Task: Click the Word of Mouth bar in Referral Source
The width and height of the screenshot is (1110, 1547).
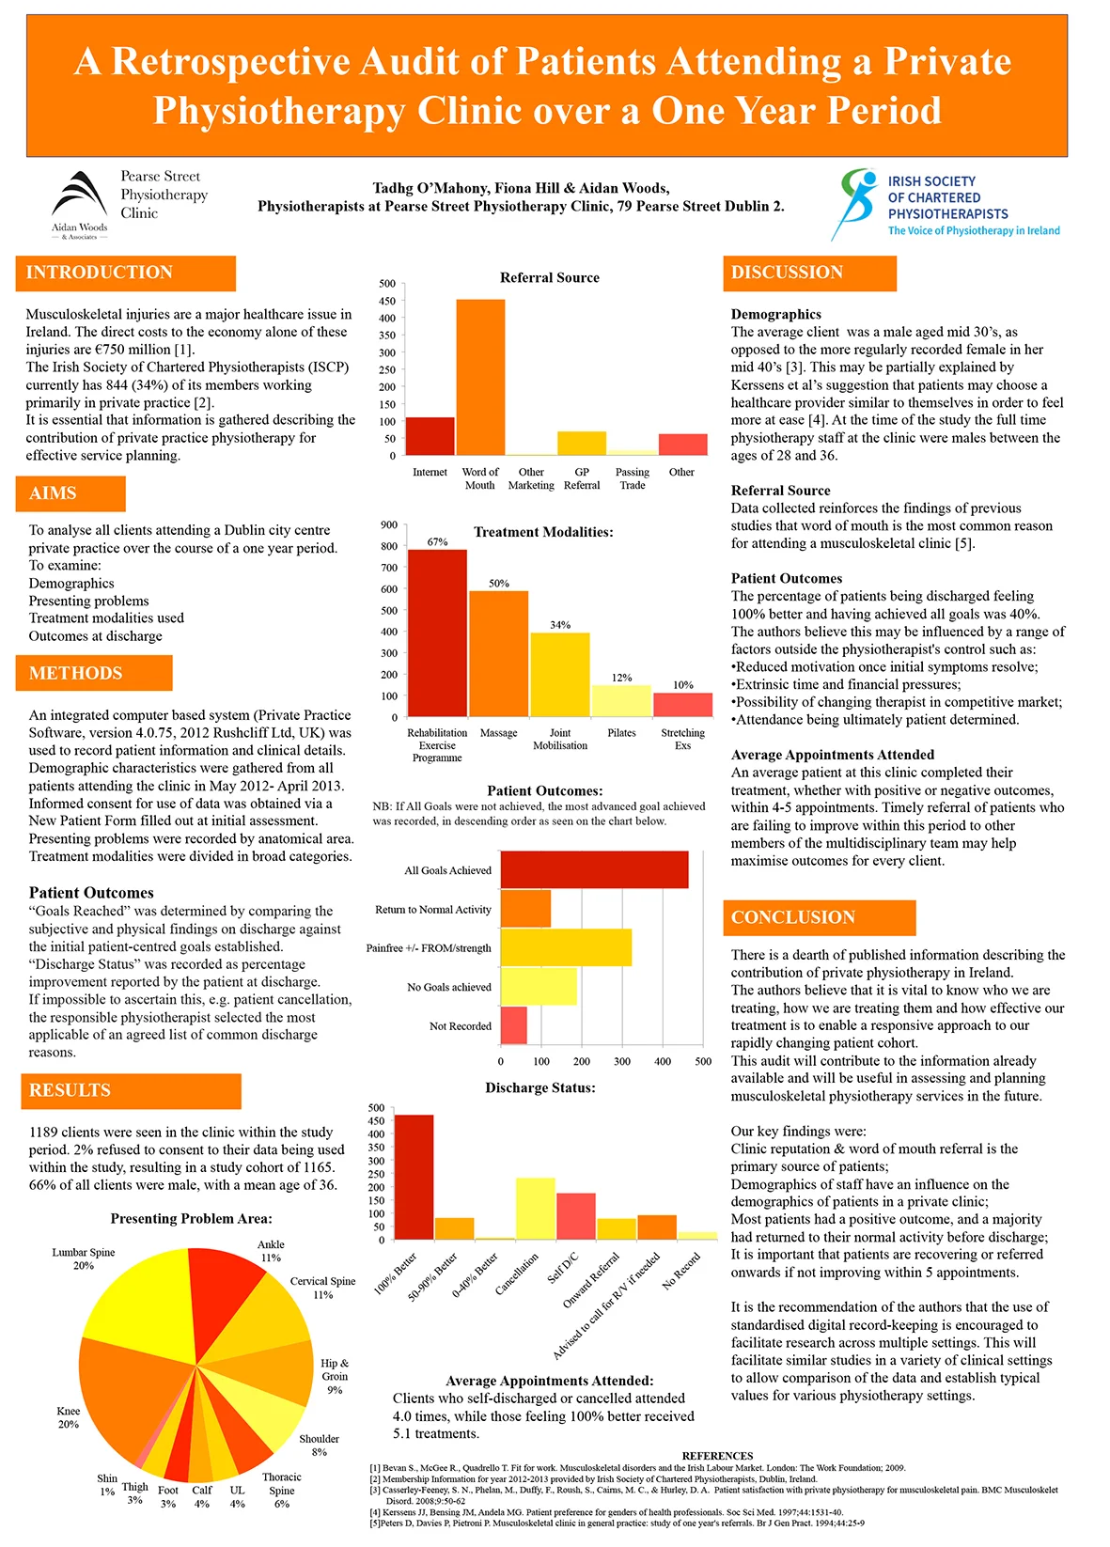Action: (x=480, y=377)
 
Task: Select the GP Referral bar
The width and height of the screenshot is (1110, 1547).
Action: (x=581, y=444)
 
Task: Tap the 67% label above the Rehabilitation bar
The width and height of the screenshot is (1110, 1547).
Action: (x=437, y=541)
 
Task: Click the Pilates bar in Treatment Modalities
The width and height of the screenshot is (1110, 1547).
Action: (x=621, y=701)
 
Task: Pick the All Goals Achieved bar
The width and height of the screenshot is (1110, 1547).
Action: (x=594, y=870)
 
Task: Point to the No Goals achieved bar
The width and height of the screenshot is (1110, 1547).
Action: (x=539, y=987)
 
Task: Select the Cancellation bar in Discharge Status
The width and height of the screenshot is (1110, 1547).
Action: (x=535, y=1209)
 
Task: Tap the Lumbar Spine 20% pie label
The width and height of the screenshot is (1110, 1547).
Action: (x=84, y=1258)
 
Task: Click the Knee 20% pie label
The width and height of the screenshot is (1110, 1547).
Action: (x=69, y=1417)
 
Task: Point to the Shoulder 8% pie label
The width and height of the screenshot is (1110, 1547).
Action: (x=320, y=1445)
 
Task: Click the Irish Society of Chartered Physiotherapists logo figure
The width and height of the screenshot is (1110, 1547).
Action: (x=855, y=202)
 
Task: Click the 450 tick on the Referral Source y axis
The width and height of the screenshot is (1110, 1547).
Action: (x=387, y=301)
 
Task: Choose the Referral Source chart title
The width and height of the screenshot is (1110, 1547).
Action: (x=549, y=277)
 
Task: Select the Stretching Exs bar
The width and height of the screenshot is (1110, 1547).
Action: (x=682, y=705)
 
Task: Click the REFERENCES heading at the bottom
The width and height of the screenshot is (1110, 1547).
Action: (x=717, y=1456)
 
